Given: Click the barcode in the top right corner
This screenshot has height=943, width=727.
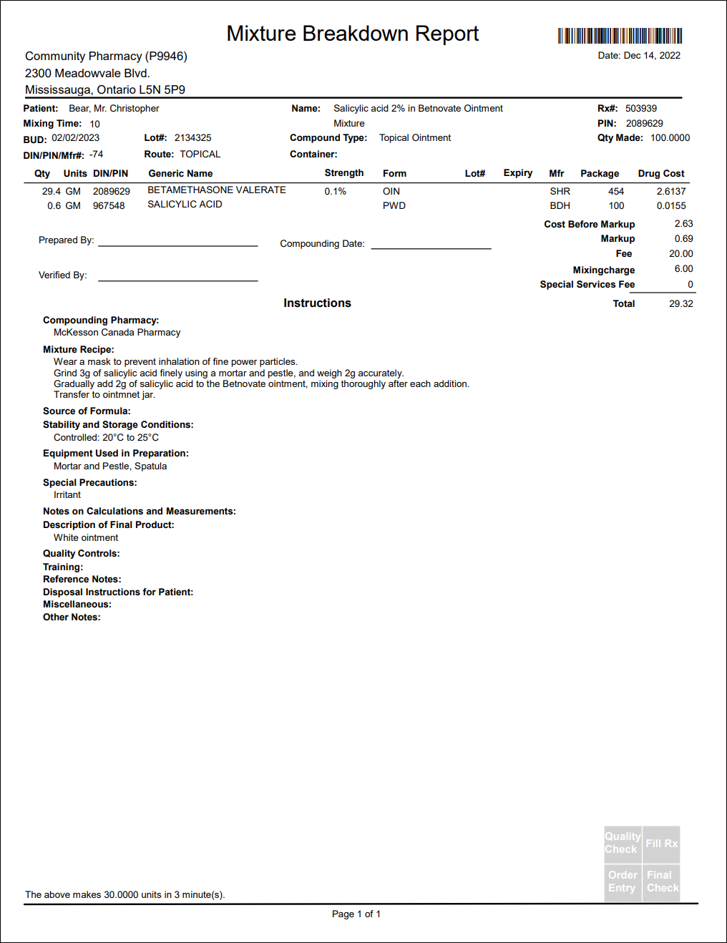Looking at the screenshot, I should (620, 36).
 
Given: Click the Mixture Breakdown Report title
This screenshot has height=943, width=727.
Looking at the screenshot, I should (352, 34).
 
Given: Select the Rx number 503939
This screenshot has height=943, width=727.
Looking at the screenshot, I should (640, 109).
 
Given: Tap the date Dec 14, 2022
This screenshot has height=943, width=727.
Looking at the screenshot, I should (651, 56).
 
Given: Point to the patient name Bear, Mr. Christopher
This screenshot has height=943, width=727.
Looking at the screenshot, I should (114, 109).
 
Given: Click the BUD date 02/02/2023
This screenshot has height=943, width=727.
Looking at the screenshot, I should (75, 138).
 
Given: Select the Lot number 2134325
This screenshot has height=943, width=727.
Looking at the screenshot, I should (192, 138).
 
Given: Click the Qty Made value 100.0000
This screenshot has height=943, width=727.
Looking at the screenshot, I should (670, 138).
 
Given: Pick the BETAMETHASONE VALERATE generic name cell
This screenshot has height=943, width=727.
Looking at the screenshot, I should (216, 190).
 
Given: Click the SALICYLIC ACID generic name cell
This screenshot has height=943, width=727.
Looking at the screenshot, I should (185, 205).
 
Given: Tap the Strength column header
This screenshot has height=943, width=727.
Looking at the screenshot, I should (343, 173).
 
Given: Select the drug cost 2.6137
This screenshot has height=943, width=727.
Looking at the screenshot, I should (671, 192).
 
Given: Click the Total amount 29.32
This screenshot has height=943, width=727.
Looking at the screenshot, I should (680, 304).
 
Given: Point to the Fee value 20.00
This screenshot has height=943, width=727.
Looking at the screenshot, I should (680, 254).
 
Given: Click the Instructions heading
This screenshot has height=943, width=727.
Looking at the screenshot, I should (317, 303).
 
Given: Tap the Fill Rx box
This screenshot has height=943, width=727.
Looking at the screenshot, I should (661, 844).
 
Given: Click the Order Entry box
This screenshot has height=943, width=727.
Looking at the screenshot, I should (622, 881).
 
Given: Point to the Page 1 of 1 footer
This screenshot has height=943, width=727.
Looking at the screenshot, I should (356, 914).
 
